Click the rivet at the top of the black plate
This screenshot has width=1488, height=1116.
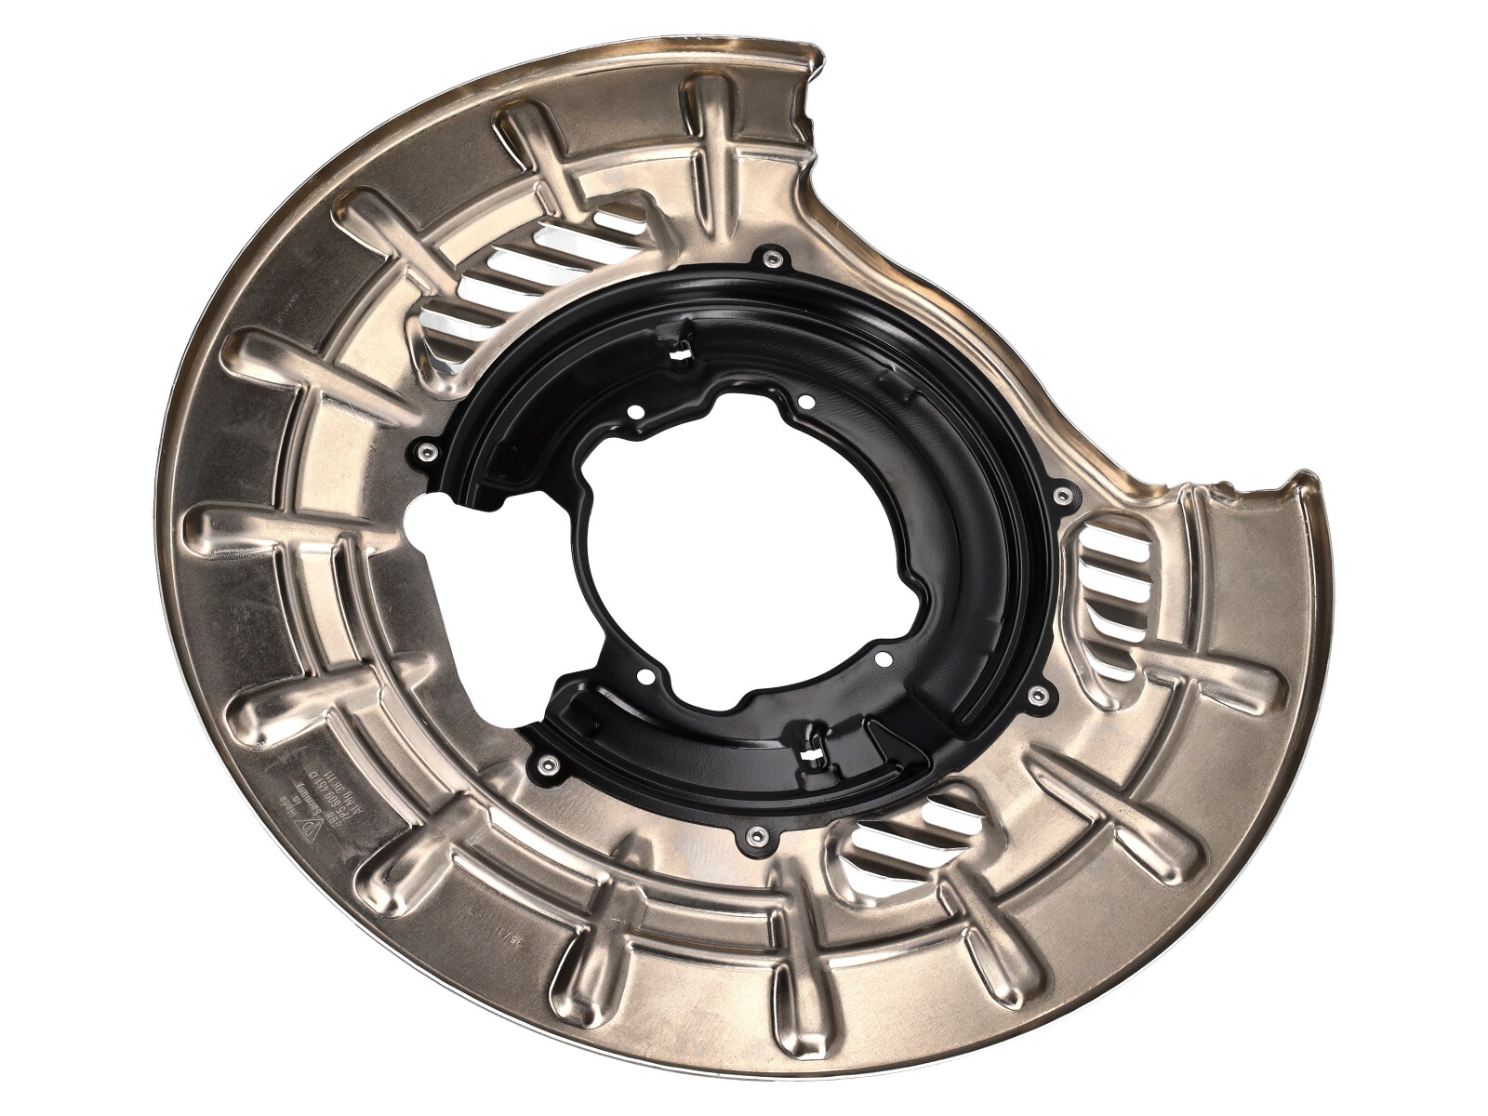(771, 258)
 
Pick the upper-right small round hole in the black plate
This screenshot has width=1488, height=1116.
(805, 402)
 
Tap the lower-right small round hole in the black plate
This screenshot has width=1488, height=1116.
(880, 658)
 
